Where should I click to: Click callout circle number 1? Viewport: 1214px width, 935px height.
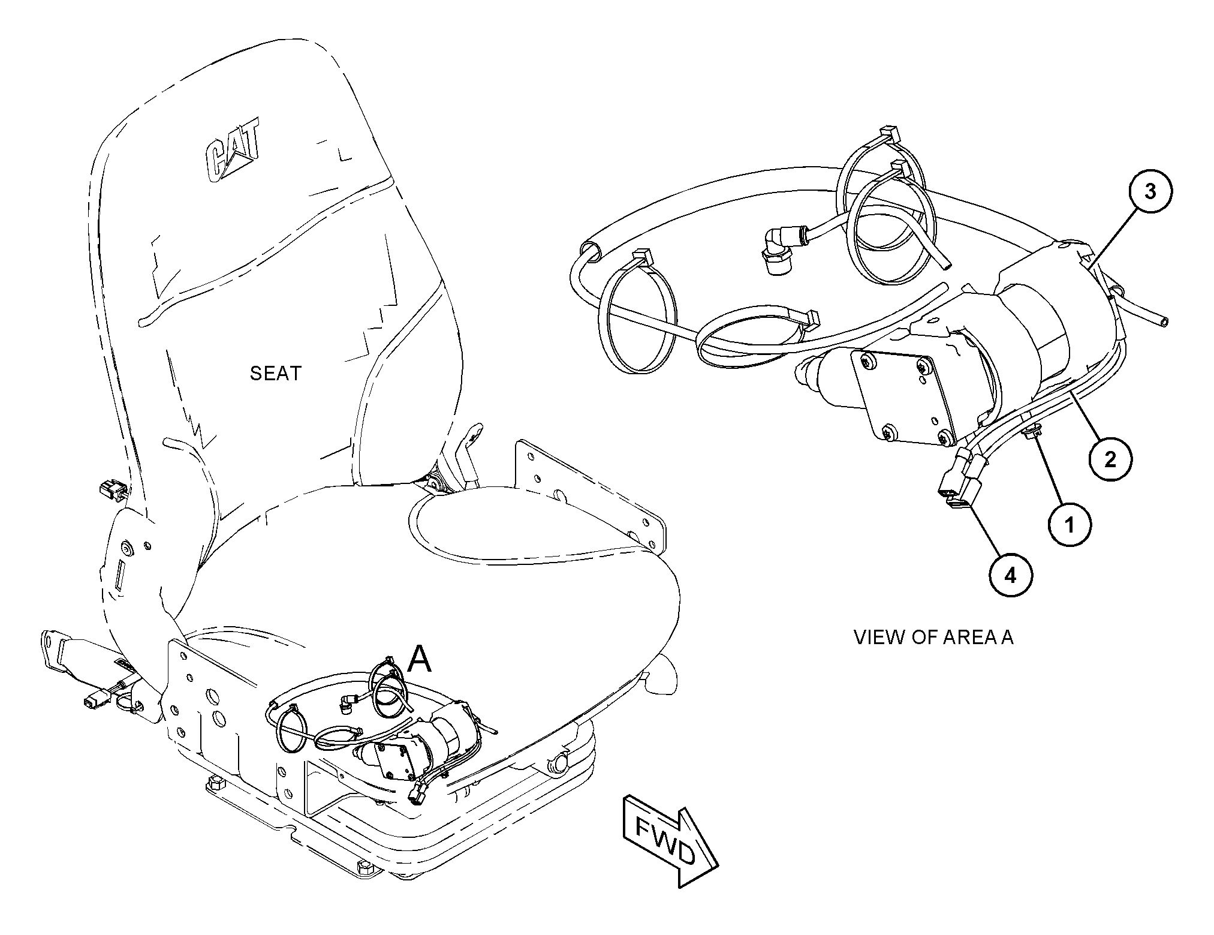click(x=1070, y=525)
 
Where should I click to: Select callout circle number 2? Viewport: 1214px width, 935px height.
click(x=1110, y=460)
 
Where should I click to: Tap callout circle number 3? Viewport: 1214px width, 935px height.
click(x=1150, y=191)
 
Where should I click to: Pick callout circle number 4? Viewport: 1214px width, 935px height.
click(x=1011, y=576)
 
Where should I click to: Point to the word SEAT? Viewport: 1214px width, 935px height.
click(x=275, y=374)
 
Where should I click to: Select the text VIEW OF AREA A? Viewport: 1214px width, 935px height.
click(x=933, y=637)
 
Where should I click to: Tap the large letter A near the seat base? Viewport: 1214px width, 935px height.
click(x=419, y=660)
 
